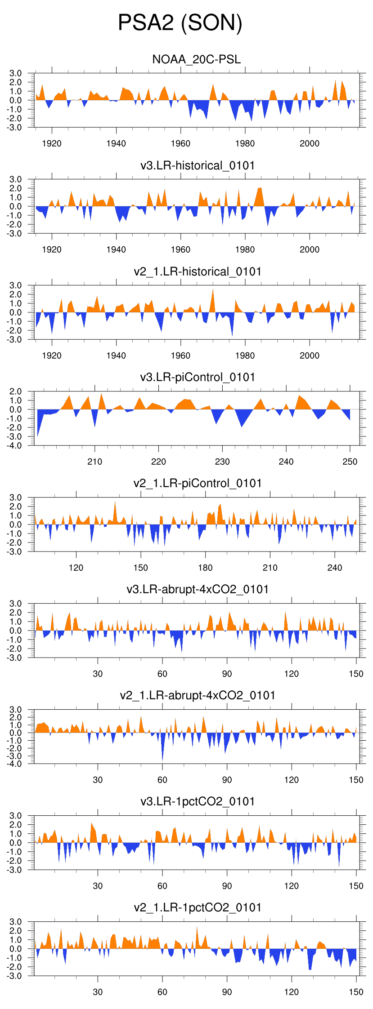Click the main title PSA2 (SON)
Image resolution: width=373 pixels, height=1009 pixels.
tap(180, 22)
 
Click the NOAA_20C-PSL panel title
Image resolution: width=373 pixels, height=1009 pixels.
tap(197, 59)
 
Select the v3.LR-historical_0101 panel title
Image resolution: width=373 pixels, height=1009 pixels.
tap(198, 165)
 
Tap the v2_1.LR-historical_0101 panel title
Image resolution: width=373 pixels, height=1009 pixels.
tap(198, 271)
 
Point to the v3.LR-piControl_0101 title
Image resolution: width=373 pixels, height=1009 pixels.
tap(198, 377)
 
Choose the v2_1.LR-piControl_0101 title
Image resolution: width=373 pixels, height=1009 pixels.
tap(198, 483)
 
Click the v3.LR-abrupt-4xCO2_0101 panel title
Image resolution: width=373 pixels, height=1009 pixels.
tap(198, 589)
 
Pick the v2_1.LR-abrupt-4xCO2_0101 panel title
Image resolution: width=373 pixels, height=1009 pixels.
tap(198, 695)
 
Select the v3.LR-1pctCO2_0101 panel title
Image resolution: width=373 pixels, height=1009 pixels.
tap(198, 801)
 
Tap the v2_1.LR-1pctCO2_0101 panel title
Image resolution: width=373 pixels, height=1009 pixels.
tap(198, 907)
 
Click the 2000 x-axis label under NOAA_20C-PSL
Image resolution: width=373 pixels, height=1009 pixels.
tap(310, 143)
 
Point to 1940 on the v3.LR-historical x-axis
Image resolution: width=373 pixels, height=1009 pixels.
tap(116, 249)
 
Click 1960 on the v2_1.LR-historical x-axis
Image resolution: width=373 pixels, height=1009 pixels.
tap(180, 356)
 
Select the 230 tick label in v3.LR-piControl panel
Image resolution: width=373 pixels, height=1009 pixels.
tap(222, 462)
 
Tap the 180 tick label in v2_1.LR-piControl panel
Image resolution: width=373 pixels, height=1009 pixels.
tap(205, 568)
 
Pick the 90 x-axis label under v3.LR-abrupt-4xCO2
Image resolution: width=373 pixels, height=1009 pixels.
tap(227, 674)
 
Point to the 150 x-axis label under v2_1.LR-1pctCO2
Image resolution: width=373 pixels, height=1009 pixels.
tap(356, 992)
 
